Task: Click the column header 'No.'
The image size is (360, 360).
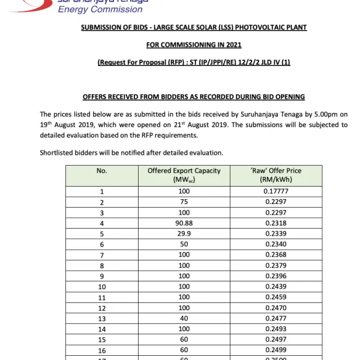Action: click(101, 171)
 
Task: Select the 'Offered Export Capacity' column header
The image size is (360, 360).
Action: click(184, 175)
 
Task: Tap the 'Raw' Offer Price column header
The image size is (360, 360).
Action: click(276, 175)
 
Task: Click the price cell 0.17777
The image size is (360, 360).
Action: click(276, 192)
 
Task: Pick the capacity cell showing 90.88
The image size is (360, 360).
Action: click(184, 223)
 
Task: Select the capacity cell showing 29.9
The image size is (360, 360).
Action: click(184, 234)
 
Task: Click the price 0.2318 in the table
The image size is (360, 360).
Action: click(276, 223)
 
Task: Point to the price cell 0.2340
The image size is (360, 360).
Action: click(276, 245)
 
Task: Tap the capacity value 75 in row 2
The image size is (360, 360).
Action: click(184, 203)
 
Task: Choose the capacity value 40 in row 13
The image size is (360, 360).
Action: click(184, 319)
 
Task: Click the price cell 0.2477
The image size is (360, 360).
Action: click(276, 319)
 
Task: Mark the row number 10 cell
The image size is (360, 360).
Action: click(101, 287)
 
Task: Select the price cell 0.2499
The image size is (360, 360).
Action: click(276, 350)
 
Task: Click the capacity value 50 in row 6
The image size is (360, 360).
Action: click(184, 245)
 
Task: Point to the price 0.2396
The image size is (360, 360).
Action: click(276, 277)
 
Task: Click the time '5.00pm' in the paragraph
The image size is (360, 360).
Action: click(311, 114)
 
